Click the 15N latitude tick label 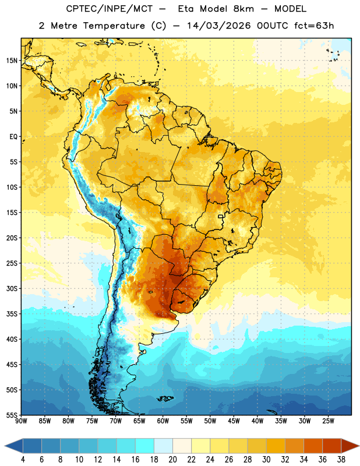click(x=12, y=61)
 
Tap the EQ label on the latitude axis click(x=13, y=137)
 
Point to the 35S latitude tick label click(x=12, y=314)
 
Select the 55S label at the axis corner click(x=12, y=415)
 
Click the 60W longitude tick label click(x=163, y=421)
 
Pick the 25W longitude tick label click(x=328, y=421)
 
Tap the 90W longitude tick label click(x=21, y=421)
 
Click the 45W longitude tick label click(x=234, y=421)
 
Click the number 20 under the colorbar click(x=172, y=460)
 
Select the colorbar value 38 click(x=341, y=460)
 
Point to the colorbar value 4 click(x=23, y=460)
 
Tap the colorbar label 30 click(x=266, y=460)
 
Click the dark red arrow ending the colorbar click(x=350, y=446)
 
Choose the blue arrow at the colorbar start click(x=14, y=446)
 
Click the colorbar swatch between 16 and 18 click(x=144, y=446)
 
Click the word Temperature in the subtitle click(x=114, y=26)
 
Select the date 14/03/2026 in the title click(x=219, y=26)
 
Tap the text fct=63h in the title click(x=314, y=26)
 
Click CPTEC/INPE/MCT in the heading click(x=110, y=9)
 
